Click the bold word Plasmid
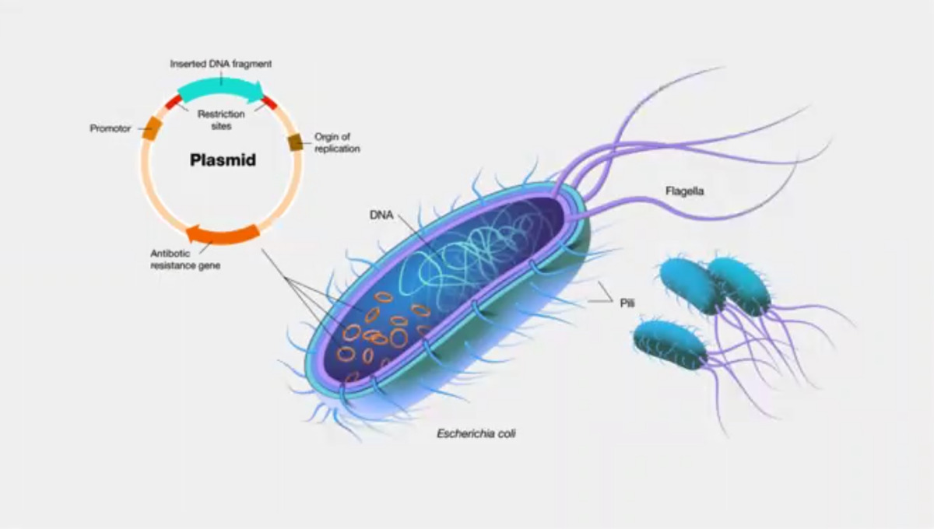[x=223, y=161]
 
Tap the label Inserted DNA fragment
[x=221, y=63]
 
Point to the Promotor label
[x=111, y=128]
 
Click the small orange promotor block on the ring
[x=152, y=128]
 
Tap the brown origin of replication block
[x=296, y=142]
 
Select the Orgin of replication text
[x=336, y=142]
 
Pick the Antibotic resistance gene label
[x=185, y=259]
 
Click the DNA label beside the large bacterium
[x=381, y=215]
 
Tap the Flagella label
[x=685, y=190]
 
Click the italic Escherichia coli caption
[x=476, y=433]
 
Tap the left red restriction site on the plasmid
[x=173, y=101]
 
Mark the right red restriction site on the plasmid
[x=269, y=102]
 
